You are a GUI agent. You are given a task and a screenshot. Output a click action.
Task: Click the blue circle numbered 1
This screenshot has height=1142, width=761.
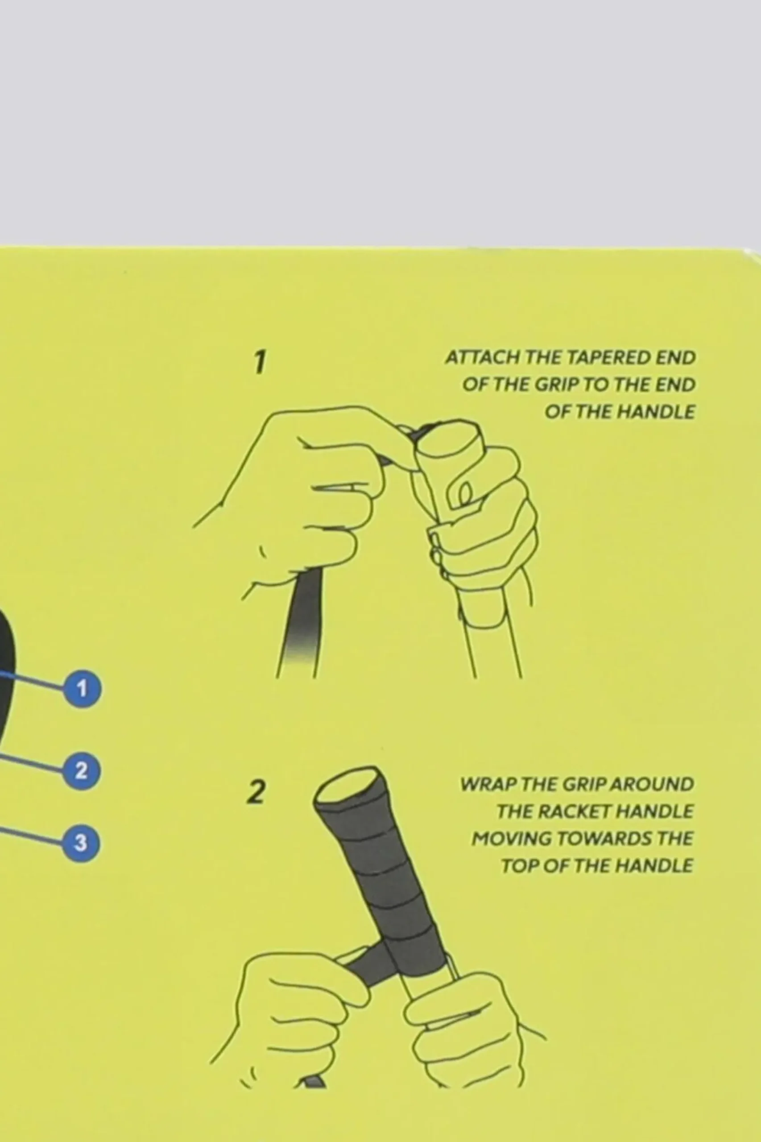click(82, 689)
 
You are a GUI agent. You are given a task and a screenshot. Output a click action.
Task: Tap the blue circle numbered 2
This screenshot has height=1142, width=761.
click(81, 771)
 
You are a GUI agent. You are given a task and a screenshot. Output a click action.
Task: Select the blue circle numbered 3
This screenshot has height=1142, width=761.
click(81, 842)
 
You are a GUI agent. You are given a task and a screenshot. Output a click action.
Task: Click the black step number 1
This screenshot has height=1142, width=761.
click(261, 362)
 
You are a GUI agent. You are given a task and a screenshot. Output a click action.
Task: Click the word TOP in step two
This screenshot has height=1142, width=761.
click(518, 866)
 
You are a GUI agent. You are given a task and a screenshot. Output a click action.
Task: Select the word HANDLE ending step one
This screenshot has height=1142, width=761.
click(656, 412)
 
